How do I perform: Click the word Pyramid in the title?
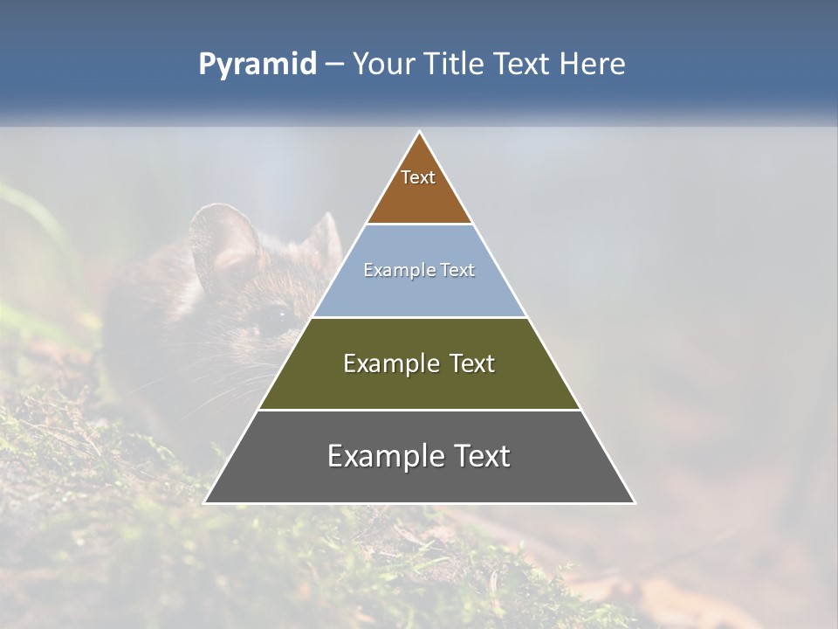click(258, 65)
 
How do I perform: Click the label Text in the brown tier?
click(418, 177)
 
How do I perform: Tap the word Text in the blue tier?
click(457, 270)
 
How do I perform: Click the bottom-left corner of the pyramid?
click(204, 502)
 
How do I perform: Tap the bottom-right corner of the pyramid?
click(635, 502)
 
